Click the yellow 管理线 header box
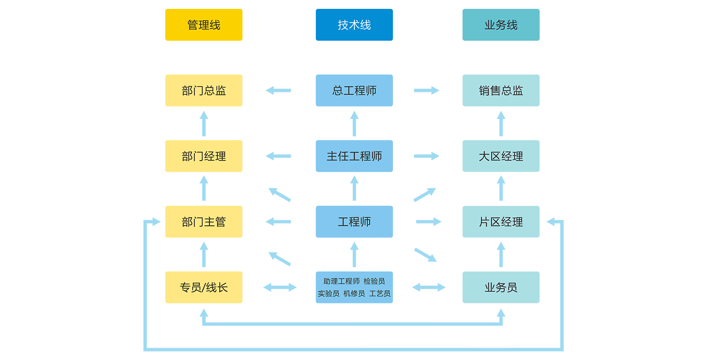[204, 25]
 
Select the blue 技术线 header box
[354, 25]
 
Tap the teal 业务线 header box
[501, 25]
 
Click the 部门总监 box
[204, 91]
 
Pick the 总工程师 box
[354, 91]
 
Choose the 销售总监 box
[501, 91]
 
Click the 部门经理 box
[204, 156]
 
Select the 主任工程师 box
[354, 156]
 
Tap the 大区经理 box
[501, 156]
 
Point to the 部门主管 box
[204, 222]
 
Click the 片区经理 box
[501, 222]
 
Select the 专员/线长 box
[204, 288]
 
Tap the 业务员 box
[501, 288]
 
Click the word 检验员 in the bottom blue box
[374, 281]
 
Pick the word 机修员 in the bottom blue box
[354, 294]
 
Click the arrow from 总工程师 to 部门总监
[278, 91]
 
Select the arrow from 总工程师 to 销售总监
[426, 91]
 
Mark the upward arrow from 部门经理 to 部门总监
[204, 124]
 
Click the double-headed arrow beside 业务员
[429, 288]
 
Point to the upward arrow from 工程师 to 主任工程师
[354, 188]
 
